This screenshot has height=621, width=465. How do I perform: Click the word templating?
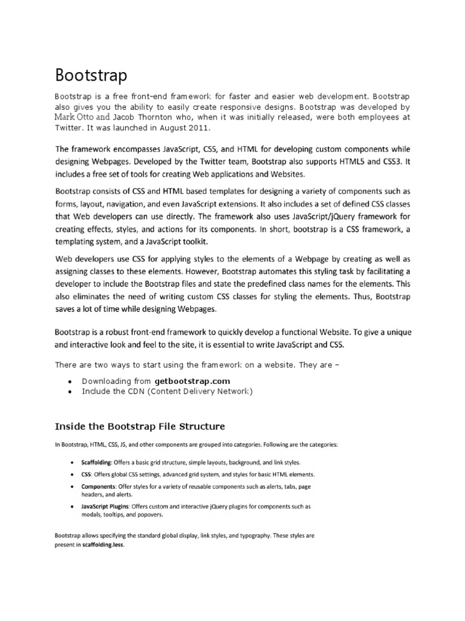point(81,241)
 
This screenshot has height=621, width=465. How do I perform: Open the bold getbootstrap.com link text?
point(193,381)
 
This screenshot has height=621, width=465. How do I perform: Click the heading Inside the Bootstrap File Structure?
point(140,426)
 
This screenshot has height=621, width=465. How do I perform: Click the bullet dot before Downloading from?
point(71,381)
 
